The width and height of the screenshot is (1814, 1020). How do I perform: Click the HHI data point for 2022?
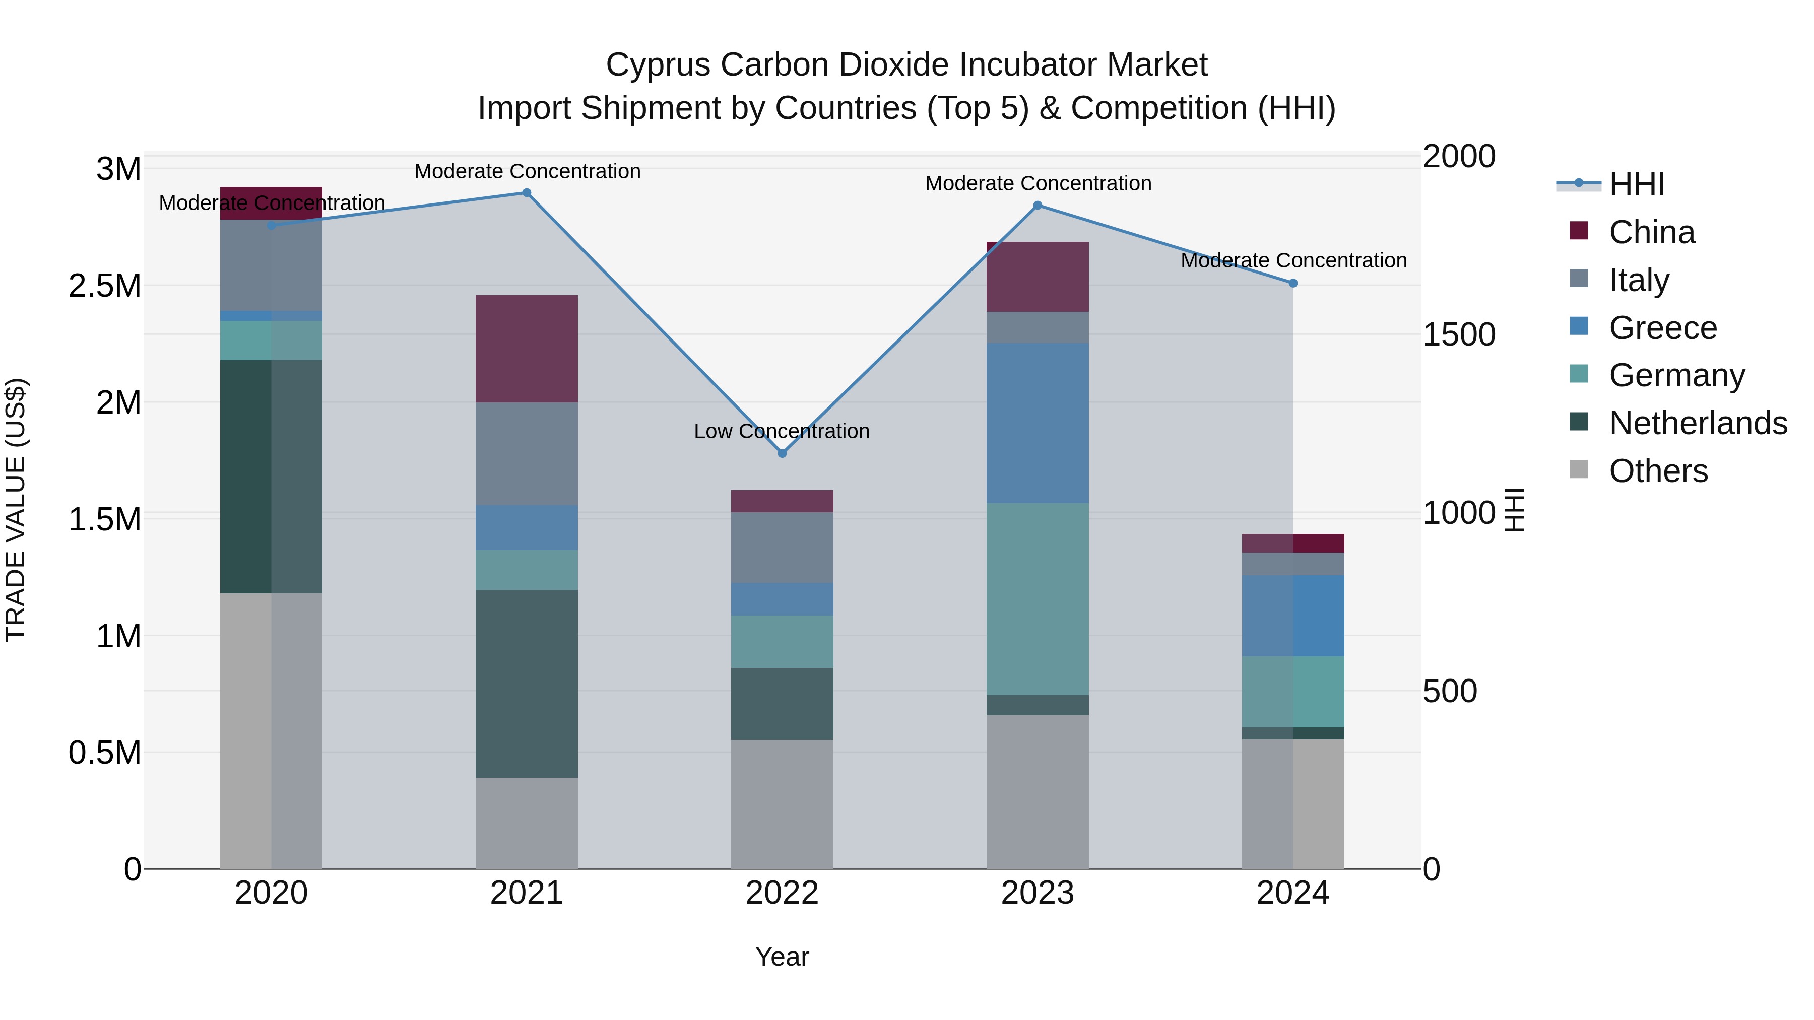[782, 453]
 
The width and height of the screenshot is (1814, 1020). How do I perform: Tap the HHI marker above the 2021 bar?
[527, 193]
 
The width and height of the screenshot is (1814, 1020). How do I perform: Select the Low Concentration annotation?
[782, 431]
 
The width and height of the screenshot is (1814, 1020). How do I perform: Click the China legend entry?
[1651, 232]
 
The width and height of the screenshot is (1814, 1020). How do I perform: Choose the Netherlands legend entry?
[1697, 423]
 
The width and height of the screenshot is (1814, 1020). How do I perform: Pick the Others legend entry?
[1658, 471]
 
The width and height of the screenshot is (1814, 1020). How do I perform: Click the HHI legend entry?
[1636, 184]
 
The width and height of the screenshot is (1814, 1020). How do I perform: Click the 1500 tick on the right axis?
[1458, 334]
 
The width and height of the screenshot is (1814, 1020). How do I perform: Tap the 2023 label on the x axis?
[1038, 893]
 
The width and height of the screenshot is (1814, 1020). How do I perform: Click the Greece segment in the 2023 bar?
[1038, 423]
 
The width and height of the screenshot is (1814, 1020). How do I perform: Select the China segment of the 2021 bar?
[527, 349]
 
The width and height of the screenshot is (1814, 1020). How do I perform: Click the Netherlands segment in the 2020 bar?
[271, 477]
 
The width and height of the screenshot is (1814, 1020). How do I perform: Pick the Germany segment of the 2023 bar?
[1038, 599]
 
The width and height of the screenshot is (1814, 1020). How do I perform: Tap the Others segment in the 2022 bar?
[782, 804]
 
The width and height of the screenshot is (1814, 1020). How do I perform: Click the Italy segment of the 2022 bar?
[782, 548]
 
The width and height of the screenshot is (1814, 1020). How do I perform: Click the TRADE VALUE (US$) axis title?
[16, 510]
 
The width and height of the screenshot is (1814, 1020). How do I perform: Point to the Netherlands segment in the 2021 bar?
[527, 684]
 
